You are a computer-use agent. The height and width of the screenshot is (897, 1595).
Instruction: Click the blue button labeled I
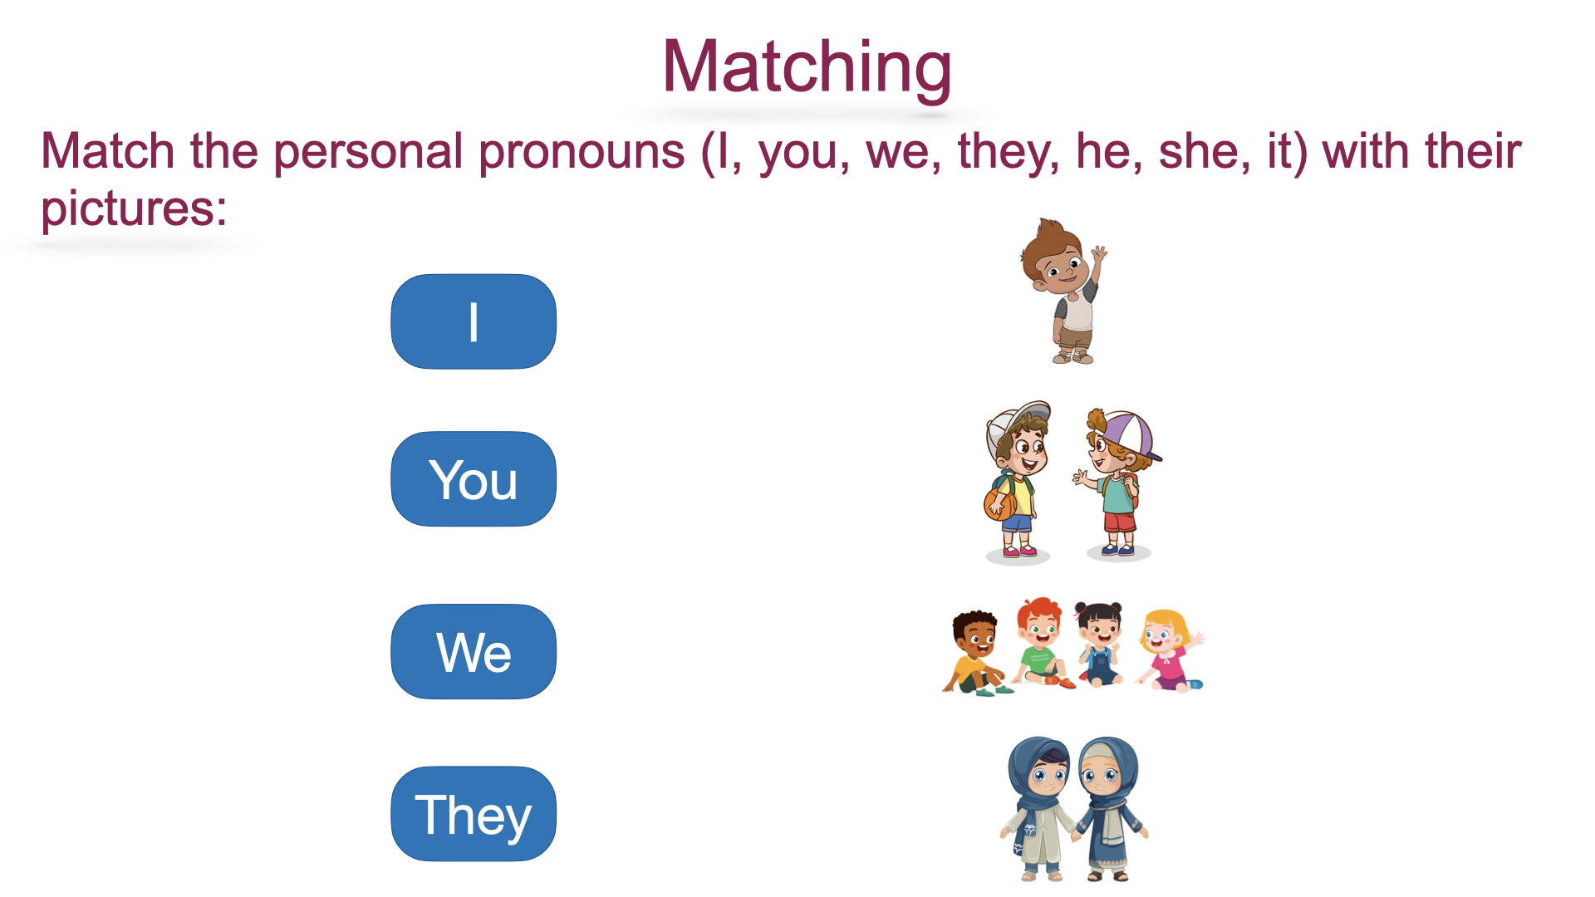click(x=474, y=321)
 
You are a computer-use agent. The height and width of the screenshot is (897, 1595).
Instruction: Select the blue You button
click(x=474, y=479)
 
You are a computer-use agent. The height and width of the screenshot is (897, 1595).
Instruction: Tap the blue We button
click(x=474, y=652)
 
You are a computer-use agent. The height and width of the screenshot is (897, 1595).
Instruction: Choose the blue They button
click(x=474, y=814)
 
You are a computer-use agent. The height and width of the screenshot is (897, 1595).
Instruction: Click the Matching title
click(x=807, y=68)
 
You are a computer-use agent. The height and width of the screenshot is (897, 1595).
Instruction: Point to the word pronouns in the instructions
click(x=582, y=153)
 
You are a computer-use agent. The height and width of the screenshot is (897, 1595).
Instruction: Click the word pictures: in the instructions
click(x=134, y=209)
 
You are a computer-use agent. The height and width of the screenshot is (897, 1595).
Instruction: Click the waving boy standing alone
click(x=1064, y=292)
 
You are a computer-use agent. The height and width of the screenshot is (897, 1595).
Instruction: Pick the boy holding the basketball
click(x=1016, y=481)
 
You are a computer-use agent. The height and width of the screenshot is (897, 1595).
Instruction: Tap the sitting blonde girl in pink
click(x=1170, y=650)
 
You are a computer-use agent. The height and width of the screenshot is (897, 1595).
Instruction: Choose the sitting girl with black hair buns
click(x=1099, y=644)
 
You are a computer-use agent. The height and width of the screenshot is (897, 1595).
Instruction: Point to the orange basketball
click(x=999, y=503)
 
